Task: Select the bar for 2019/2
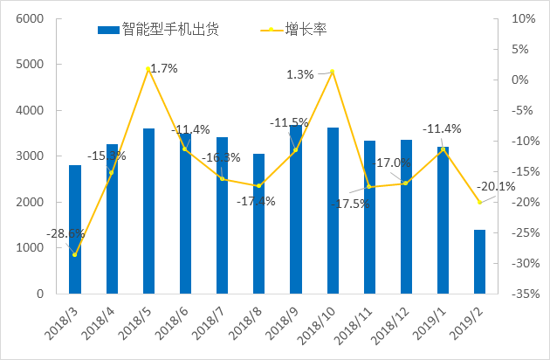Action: coord(479,262)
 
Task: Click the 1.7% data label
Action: coord(164,67)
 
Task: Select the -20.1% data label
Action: coord(497,186)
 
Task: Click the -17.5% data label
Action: coord(349,204)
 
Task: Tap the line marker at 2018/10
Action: coord(333,72)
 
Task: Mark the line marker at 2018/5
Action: coord(148,69)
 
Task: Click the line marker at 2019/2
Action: coord(479,203)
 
